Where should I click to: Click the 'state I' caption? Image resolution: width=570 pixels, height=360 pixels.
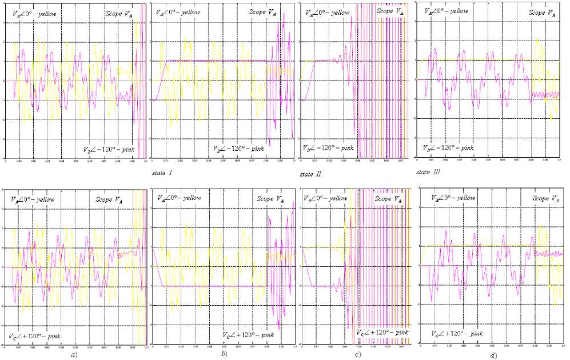pos(162,171)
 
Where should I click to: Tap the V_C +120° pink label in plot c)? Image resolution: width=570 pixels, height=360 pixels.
pos(381,332)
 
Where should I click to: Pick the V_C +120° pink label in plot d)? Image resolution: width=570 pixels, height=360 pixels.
pos(457,333)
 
